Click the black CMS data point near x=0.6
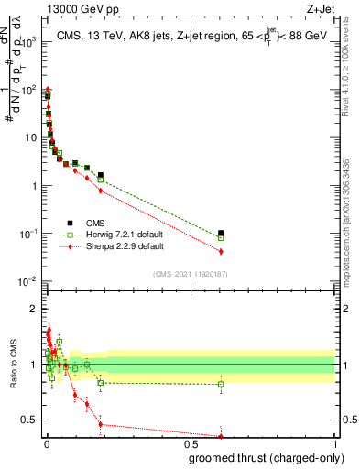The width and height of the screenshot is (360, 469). pyautogui.click(x=221, y=234)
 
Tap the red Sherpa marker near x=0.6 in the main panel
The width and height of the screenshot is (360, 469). pyautogui.click(x=221, y=251)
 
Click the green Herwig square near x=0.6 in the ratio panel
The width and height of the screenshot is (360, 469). pyautogui.click(x=221, y=384)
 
